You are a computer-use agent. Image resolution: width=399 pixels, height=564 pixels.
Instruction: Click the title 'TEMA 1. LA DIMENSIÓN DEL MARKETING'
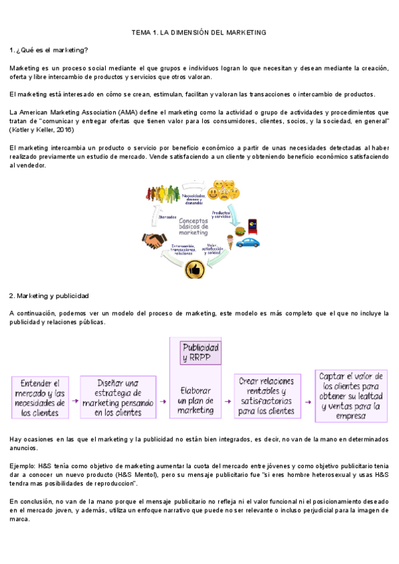(199, 32)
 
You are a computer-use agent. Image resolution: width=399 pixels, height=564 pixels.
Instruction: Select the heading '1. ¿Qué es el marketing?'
(49, 50)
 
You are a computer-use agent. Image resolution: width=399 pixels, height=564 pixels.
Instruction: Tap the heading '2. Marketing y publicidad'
(49, 295)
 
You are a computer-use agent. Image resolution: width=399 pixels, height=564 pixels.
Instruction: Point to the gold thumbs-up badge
(194, 269)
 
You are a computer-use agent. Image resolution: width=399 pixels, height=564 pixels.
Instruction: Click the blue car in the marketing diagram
(247, 243)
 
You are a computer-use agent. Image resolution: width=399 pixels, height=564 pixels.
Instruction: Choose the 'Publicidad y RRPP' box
(200, 352)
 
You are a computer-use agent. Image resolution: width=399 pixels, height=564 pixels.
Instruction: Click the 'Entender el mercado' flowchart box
(40, 398)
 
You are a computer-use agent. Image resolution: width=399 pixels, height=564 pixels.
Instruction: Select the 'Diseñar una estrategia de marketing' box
(118, 398)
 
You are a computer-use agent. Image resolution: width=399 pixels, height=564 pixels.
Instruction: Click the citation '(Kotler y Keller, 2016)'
(46, 130)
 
